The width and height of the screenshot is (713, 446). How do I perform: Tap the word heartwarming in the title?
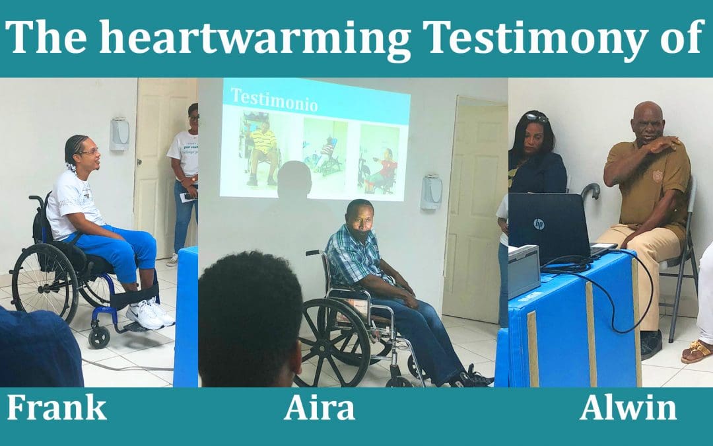pyautogui.click(x=255, y=38)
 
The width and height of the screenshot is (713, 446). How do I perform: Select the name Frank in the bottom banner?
pyautogui.click(x=57, y=407)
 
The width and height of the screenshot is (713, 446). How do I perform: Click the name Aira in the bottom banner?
pyautogui.click(x=320, y=407)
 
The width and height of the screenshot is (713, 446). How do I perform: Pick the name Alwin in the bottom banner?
pyautogui.click(x=628, y=407)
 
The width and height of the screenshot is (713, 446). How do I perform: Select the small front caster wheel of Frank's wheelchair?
pyautogui.click(x=100, y=337)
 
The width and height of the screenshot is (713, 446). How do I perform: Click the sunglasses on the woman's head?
pyautogui.click(x=537, y=118)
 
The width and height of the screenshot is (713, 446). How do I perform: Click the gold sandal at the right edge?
pyautogui.click(x=697, y=352)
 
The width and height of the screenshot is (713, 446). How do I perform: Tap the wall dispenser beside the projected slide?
pyautogui.click(x=431, y=192)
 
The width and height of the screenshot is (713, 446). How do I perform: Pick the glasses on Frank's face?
pyautogui.click(x=90, y=152)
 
